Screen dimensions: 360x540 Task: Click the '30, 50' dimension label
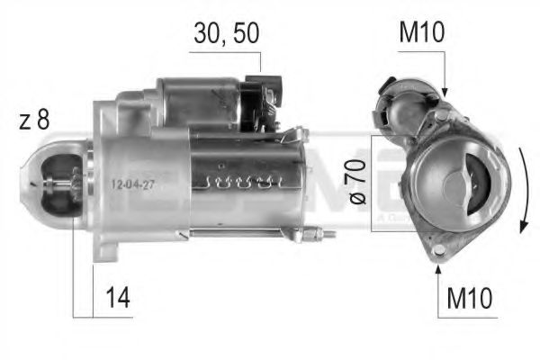point(226,33)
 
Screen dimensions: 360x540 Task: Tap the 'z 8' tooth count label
point(34,121)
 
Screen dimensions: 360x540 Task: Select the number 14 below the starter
point(116,298)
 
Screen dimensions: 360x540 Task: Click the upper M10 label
point(420,33)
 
